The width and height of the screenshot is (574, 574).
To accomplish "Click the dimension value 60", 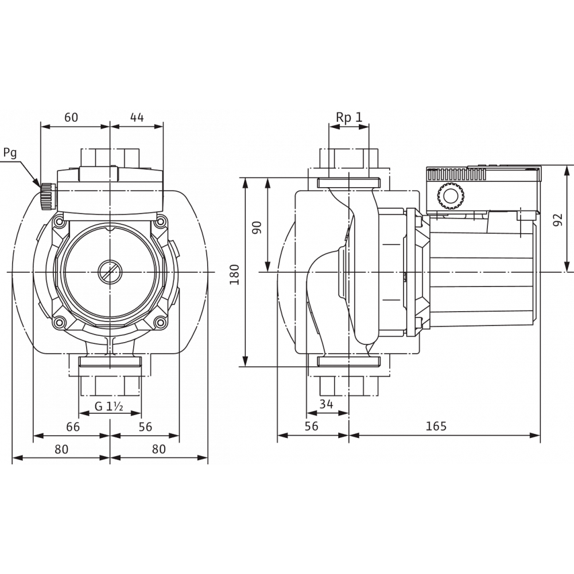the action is tap(71, 118).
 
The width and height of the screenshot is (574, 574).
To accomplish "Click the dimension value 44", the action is tap(137, 118).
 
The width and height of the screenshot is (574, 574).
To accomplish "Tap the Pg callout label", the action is tap(10, 153).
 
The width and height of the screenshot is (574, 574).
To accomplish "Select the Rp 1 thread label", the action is tap(349, 117).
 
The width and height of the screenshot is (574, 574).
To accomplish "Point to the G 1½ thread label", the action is tap(108, 406).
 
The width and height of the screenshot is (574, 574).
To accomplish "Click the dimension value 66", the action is tap(72, 427).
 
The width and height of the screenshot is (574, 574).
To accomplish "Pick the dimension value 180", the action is tap(234, 274).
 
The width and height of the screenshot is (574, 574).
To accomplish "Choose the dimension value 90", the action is tap(257, 228).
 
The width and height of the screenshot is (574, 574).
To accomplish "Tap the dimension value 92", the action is tap(557, 220).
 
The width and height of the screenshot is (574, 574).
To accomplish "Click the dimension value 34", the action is tap(326, 404).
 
